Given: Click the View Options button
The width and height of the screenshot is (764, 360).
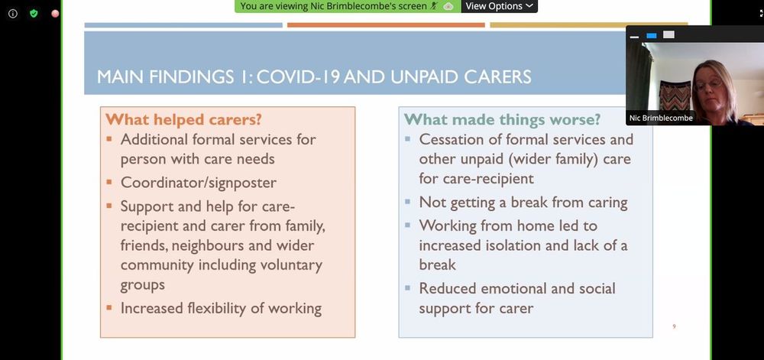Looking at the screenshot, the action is coord(500,6).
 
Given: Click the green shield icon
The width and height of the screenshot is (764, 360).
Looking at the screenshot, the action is coord(34,13).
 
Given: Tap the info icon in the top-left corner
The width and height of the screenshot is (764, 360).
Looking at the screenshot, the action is coord(13,14).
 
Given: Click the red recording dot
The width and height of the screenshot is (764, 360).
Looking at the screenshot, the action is coord(55,14).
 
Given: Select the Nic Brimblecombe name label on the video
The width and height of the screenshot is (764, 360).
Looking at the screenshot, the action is coord(661,118).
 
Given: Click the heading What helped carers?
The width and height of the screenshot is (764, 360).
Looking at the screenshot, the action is coord(183,119).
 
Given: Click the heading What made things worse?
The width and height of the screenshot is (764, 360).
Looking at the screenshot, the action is coord(503,119).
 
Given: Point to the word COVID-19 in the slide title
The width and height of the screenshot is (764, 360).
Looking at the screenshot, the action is coord(299,77).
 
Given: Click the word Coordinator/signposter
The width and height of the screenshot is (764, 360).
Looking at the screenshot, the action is coord(199,183).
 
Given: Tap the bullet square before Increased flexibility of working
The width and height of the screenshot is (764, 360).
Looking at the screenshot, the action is coord(109,307).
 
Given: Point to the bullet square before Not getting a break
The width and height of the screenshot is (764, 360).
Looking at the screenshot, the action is coord(407,201).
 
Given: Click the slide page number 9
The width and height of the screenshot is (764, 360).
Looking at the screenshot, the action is coord(674,326).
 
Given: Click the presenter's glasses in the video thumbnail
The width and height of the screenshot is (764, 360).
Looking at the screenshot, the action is coord(709,84).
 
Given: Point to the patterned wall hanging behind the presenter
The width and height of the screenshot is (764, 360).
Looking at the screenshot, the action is coord(675,96).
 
